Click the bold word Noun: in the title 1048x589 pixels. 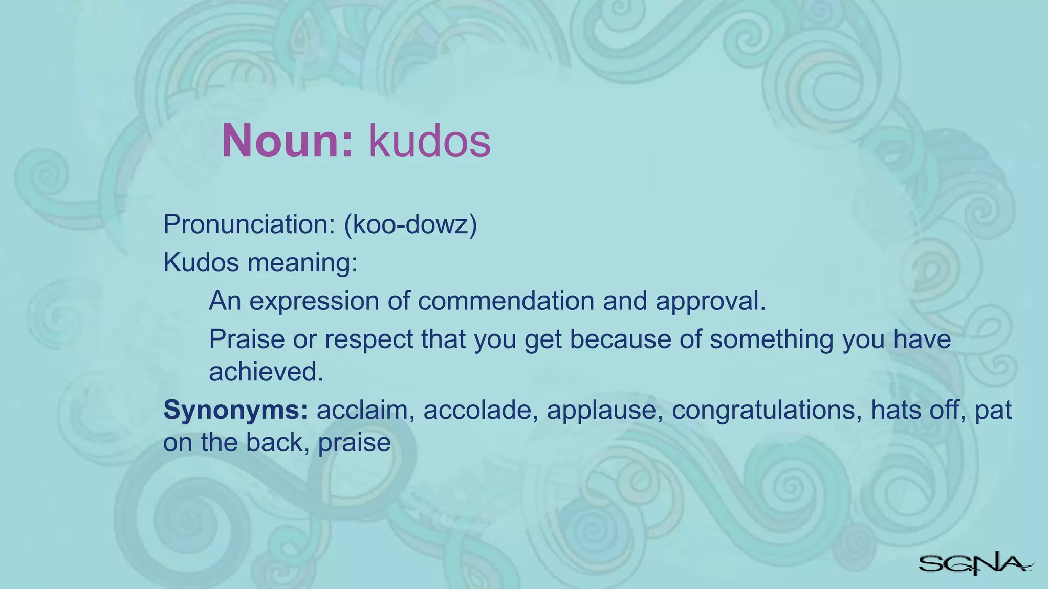(x=288, y=141)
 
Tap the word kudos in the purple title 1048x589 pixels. (x=429, y=141)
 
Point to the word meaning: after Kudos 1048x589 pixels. (x=302, y=262)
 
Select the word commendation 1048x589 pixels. (x=506, y=301)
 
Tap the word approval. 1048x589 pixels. (x=711, y=301)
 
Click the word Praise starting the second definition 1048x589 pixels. (x=247, y=339)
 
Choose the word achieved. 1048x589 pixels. (x=266, y=372)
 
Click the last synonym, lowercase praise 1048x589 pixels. (x=354, y=443)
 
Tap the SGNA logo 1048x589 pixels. (x=975, y=564)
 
